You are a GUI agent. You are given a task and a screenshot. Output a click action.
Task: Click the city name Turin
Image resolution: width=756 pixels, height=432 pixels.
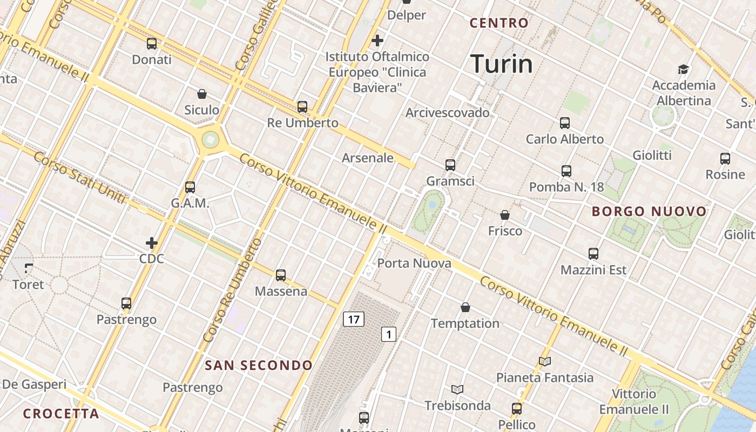[502, 64]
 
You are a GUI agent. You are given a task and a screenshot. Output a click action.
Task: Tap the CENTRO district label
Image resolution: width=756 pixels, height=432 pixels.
[498, 23]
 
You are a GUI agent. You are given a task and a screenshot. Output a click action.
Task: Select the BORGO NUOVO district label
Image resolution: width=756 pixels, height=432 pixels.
[649, 211]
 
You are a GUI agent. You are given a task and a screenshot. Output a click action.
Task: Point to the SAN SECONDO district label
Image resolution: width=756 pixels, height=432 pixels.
[259, 366]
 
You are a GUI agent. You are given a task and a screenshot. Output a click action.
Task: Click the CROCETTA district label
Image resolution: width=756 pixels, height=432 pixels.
[61, 414]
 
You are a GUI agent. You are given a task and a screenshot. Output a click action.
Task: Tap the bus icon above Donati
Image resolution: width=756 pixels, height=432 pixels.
[152, 44]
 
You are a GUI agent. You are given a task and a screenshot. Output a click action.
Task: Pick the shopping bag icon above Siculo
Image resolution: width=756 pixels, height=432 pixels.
[202, 94]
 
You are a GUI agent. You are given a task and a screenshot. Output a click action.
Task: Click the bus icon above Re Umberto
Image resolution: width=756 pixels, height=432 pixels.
[302, 107]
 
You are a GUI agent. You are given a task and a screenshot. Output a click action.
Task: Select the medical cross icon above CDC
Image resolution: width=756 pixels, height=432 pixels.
[152, 243]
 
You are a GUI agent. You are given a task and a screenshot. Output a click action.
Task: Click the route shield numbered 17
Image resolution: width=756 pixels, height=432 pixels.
[354, 319]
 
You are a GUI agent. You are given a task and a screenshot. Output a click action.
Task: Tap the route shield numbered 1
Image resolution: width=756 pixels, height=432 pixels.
[388, 334]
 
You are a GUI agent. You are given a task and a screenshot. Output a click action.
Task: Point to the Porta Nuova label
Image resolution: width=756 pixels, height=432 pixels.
[414, 264]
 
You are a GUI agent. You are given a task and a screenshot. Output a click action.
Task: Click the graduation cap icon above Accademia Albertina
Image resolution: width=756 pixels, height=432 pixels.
[684, 69]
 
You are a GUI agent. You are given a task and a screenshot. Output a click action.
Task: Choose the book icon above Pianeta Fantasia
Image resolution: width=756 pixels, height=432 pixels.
[545, 361]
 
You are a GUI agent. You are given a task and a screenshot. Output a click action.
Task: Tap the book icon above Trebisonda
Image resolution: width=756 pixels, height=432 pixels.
[457, 389]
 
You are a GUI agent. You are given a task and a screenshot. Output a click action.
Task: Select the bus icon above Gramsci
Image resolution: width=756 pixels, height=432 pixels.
[450, 165]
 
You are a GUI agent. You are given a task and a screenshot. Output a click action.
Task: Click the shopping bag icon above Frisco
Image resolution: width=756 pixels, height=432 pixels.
[505, 215]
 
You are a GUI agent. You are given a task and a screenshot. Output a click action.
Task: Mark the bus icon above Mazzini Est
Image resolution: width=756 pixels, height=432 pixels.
[593, 254]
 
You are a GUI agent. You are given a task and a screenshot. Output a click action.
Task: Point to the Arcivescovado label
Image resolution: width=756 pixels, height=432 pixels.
[448, 113]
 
